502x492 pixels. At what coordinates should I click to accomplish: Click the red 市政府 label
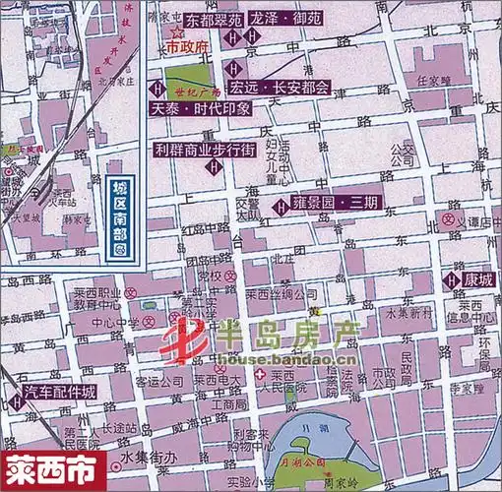tap(187, 46)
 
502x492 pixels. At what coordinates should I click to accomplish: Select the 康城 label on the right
tap(478, 279)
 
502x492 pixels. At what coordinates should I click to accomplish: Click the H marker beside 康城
tap(455, 280)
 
